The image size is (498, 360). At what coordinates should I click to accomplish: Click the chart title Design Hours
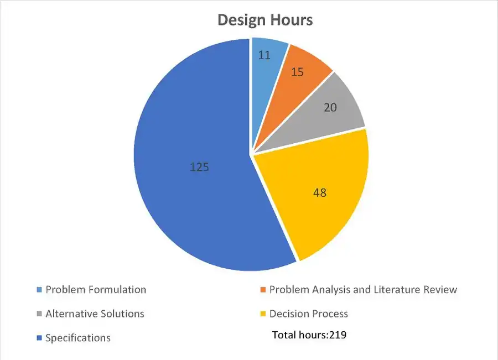(264, 20)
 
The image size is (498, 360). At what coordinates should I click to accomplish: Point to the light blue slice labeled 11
(267, 66)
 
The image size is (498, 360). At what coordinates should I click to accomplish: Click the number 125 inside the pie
(199, 166)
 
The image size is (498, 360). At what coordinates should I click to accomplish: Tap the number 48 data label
(319, 192)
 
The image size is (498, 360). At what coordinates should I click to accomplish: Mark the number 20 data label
(330, 107)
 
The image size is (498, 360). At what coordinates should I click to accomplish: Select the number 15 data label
(297, 72)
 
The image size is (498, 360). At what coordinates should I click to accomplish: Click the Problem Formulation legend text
(96, 289)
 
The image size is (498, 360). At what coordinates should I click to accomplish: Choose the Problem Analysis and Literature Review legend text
(363, 289)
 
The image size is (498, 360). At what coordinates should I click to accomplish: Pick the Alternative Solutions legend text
(95, 314)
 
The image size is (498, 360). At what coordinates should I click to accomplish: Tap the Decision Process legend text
(308, 314)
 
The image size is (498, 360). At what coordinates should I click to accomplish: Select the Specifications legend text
(78, 338)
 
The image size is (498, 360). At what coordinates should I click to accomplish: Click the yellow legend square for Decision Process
(262, 314)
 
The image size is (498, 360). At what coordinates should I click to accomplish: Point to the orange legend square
(262, 290)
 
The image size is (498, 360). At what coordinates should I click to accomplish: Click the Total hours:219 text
(309, 335)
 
